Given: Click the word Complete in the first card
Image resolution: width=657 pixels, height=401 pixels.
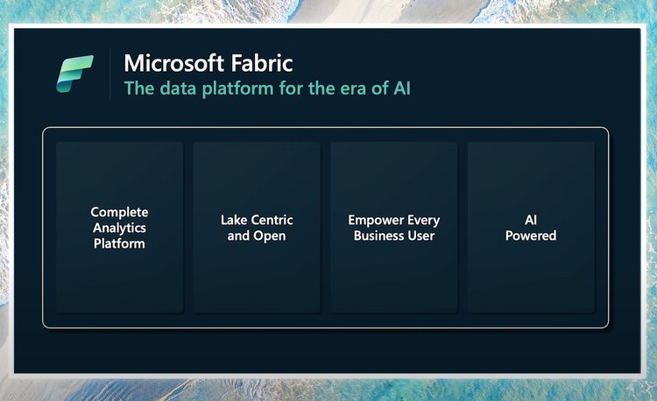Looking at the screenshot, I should pyautogui.click(x=119, y=212).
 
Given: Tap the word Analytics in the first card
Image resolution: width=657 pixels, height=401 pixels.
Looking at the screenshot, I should pyautogui.click(x=119, y=228).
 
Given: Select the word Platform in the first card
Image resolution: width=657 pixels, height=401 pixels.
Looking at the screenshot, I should pyautogui.click(x=119, y=243).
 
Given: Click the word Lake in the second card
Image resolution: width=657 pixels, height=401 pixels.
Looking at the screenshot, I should pyautogui.click(x=235, y=220).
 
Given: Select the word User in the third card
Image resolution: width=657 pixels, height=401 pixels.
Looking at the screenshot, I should pyautogui.click(x=420, y=236).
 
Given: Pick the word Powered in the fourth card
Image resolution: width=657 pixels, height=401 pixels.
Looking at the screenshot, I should pyautogui.click(x=531, y=236).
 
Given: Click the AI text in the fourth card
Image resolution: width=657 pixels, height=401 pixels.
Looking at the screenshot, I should pyautogui.click(x=531, y=220).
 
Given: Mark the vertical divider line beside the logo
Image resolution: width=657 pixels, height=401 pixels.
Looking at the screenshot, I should pyautogui.click(x=109, y=74).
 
